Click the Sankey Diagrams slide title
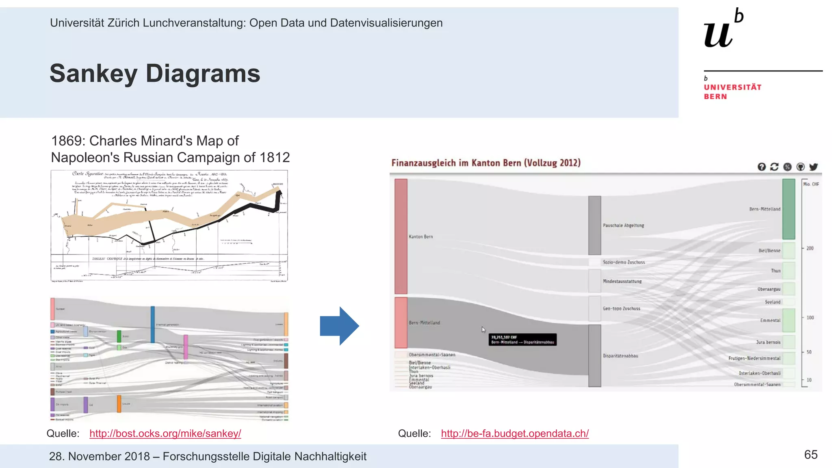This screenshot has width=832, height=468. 155,74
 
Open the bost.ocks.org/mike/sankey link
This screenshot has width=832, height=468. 165,433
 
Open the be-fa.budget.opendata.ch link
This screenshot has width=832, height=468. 515,433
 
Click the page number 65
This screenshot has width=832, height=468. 810,455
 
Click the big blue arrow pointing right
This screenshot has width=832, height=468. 339,326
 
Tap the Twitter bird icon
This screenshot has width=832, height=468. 813,167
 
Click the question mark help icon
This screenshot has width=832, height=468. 762,167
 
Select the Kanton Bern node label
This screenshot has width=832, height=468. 420,236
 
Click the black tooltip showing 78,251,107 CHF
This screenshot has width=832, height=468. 522,340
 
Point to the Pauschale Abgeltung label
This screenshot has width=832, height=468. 623,225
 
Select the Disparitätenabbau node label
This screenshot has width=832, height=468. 620,356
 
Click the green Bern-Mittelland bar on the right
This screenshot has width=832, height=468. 789,209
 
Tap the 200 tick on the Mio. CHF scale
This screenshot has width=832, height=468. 810,248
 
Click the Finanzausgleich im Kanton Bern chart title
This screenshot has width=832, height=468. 486,163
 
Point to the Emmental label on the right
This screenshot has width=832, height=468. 770,321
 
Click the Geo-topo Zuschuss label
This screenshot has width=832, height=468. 621,309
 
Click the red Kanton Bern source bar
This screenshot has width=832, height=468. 401,236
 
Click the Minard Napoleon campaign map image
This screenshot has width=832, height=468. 169,225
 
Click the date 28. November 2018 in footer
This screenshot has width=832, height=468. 99,456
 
